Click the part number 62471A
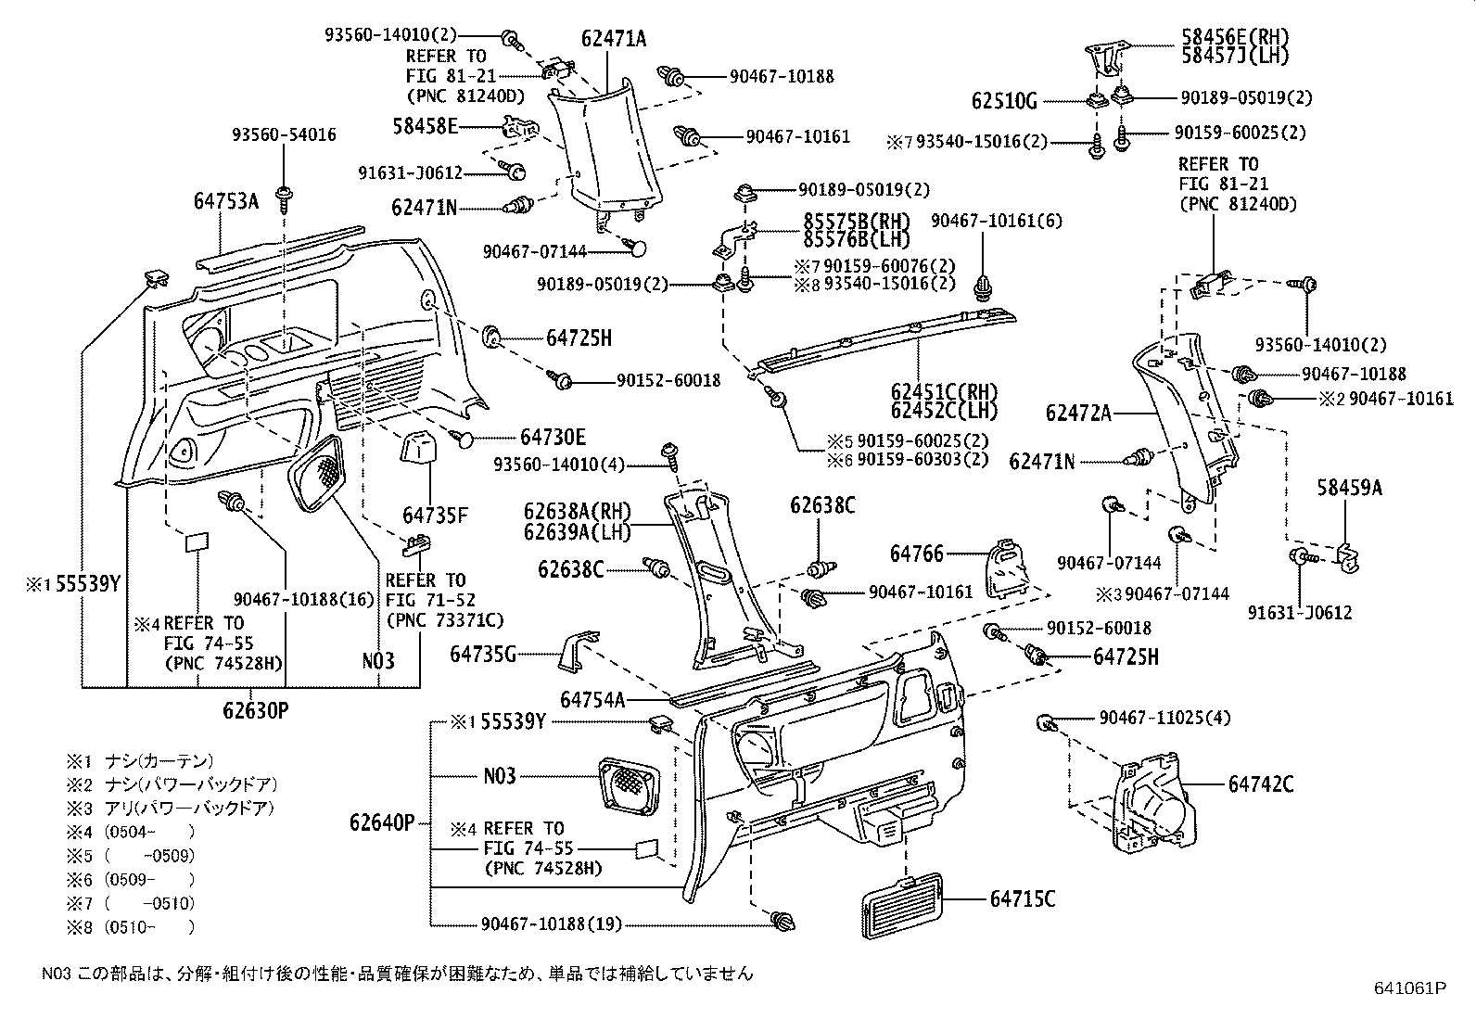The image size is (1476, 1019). [614, 38]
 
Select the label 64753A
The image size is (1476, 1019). [226, 200]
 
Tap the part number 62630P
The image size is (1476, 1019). [256, 710]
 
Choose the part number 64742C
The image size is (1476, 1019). [1260, 784]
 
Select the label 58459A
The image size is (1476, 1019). [1349, 488]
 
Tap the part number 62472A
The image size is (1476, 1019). [1078, 414]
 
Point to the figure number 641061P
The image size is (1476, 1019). [1409, 988]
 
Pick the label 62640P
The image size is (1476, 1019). [382, 822]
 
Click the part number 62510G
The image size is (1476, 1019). [1004, 100]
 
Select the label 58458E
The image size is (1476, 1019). [426, 125]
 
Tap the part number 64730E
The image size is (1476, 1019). [553, 437]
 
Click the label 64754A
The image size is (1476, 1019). [592, 699]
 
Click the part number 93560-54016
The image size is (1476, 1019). [284, 134]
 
